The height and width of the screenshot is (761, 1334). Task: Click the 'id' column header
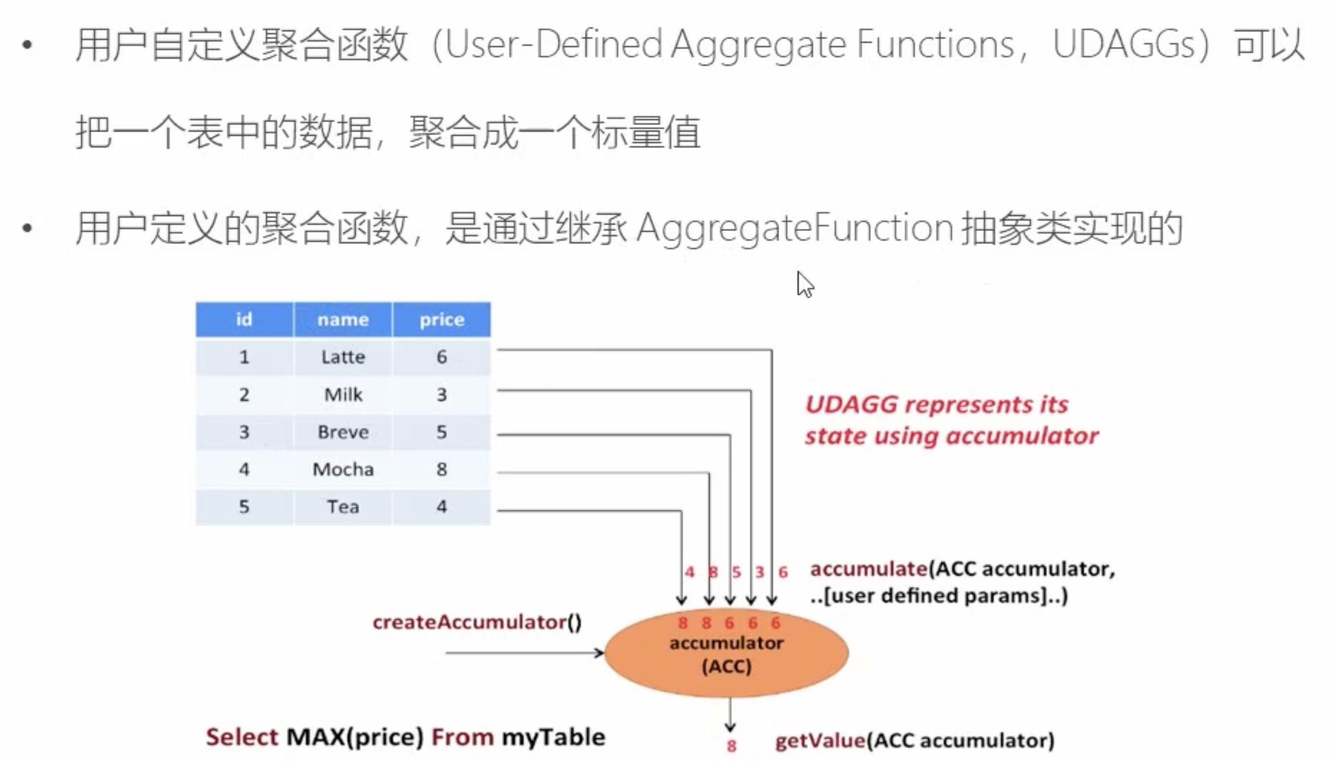[x=244, y=319]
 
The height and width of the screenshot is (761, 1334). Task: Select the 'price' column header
[x=441, y=319]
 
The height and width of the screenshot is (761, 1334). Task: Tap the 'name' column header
[x=342, y=319]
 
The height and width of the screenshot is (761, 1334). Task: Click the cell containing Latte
[x=342, y=357]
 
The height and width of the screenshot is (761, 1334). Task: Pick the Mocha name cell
[x=342, y=469]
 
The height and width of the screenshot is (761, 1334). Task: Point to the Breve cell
[x=342, y=432]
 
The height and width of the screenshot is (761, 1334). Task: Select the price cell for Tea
[x=441, y=507]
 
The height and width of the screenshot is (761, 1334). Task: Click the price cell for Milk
[x=441, y=395]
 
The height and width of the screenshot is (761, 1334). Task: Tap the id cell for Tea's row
[x=244, y=507]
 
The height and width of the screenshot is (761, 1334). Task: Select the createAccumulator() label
[x=477, y=623]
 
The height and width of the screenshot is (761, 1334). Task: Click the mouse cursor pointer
[x=804, y=285]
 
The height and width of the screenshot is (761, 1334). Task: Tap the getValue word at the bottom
[x=820, y=741]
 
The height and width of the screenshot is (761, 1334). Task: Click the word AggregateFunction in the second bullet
[x=794, y=228]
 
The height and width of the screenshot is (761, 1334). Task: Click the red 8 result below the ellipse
[x=731, y=746]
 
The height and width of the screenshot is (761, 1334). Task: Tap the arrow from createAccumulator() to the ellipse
[x=524, y=653]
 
